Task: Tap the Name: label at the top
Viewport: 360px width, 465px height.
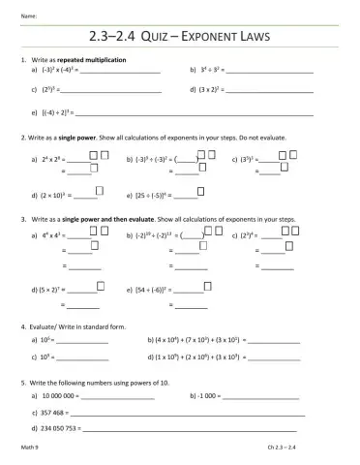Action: (29, 15)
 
